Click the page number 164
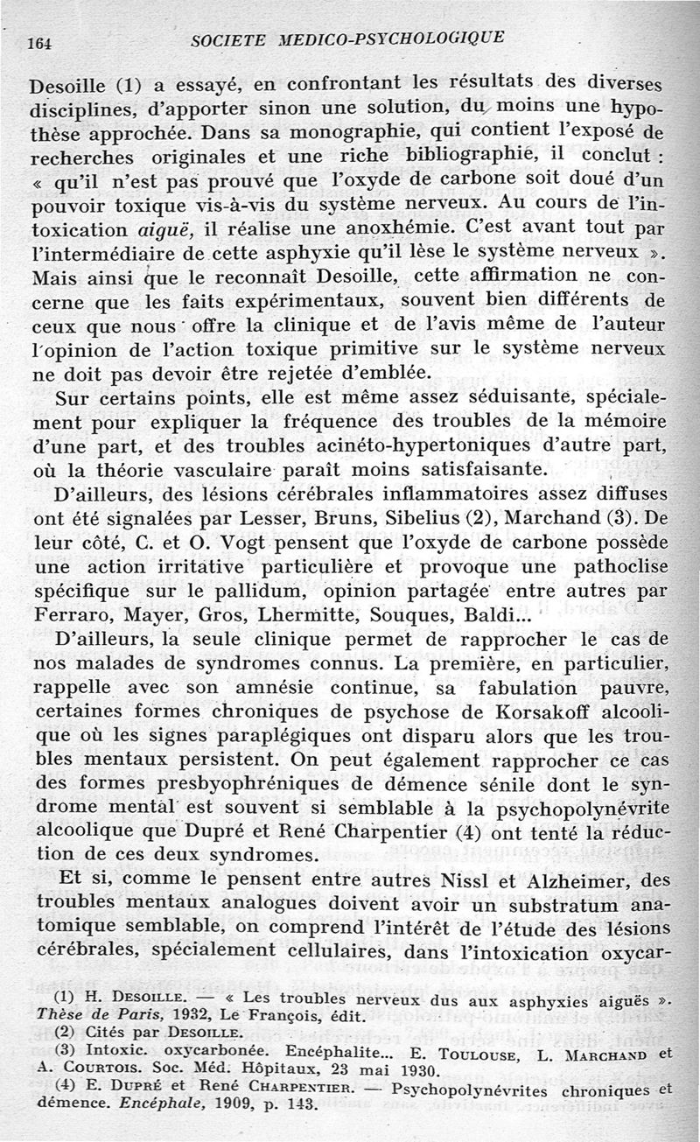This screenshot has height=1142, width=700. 39,40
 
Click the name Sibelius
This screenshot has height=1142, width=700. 458,519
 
